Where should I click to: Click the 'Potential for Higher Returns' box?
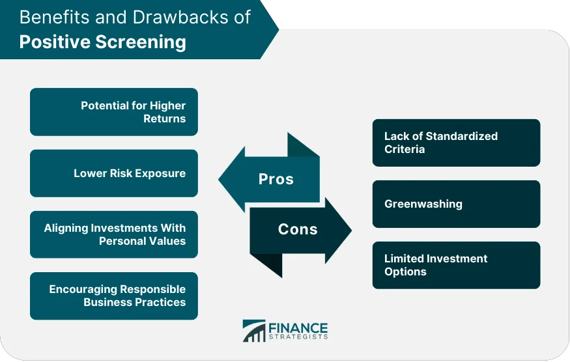(114, 112)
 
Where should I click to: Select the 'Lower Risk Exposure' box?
(114, 173)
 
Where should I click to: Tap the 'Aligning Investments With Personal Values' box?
(114, 234)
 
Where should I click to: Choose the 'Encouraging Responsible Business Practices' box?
(114, 296)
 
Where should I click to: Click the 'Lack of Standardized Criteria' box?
(456, 143)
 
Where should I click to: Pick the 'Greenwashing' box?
(456, 204)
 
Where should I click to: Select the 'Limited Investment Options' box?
(456, 265)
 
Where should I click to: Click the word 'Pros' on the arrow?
(276, 179)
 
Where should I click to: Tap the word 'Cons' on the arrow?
(298, 229)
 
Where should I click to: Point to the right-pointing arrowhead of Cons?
(340, 229)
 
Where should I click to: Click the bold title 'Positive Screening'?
(102, 42)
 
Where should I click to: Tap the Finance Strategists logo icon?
(253, 331)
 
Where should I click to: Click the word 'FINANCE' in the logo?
(298, 327)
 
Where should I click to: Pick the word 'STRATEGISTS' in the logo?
(298, 337)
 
